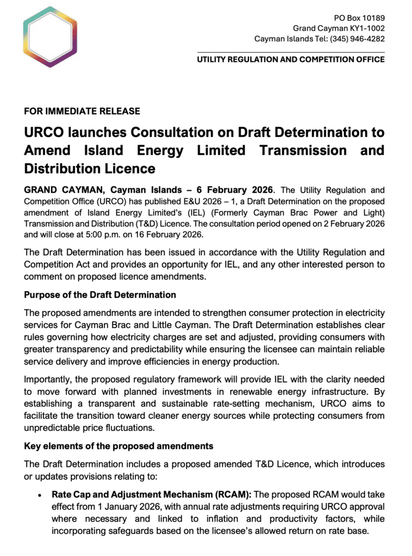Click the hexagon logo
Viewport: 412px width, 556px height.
tap(46, 37)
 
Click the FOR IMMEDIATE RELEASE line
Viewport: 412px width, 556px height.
tap(82, 111)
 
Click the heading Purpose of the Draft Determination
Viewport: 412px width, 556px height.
tap(100, 295)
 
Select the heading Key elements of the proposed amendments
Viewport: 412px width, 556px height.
tap(118, 446)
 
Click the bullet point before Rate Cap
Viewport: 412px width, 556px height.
tap(40, 496)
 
